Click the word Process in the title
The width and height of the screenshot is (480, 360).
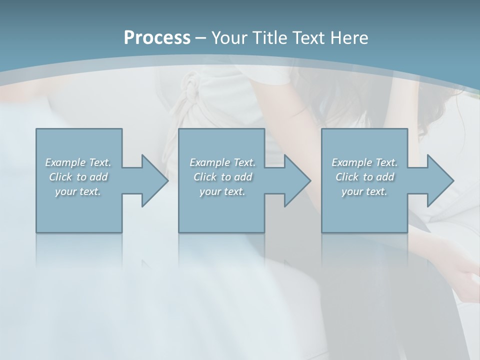[157, 38]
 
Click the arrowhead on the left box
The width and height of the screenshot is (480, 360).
[152, 180]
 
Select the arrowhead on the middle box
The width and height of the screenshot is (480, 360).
[295, 180]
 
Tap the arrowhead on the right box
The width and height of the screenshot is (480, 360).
[438, 180]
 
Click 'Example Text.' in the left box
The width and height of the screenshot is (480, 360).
[78, 162]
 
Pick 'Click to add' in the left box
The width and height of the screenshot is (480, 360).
[78, 177]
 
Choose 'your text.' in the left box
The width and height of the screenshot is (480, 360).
[78, 191]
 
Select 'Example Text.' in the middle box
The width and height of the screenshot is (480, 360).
[222, 162]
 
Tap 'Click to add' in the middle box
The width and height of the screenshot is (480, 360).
[222, 177]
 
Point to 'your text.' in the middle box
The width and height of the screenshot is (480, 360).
[222, 191]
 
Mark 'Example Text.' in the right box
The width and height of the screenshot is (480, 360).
[364, 162]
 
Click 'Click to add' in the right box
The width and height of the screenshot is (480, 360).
[364, 177]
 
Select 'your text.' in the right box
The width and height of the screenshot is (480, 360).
[364, 191]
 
